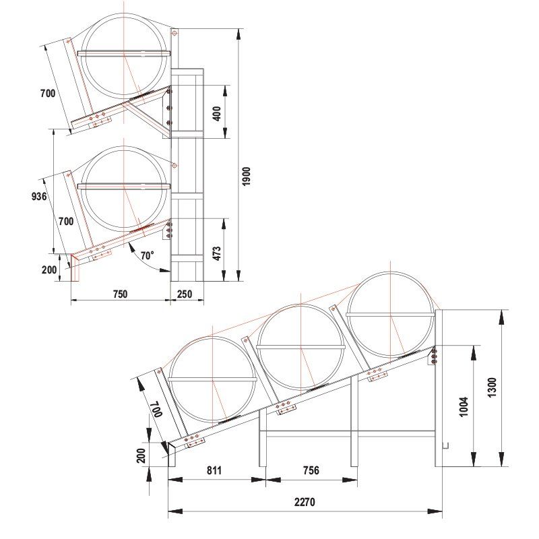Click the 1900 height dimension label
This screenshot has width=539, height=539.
(x=247, y=177)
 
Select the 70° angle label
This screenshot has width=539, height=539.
(x=147, y=256)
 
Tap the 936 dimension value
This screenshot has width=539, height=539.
(x=38, y=197)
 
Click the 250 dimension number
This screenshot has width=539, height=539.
(x=184, y=294)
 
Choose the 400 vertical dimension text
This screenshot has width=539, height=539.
(x=216, y=113)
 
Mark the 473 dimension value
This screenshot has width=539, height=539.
(x=216, y=254)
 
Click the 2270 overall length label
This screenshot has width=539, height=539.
(x=305, y=502)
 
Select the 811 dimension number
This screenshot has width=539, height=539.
(x=214, y=470)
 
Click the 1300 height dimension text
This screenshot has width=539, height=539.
(x=492, y=388)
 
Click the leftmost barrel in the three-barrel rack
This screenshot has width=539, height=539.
(x=212, y=379)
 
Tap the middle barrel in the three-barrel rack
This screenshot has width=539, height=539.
(x=300, y=346)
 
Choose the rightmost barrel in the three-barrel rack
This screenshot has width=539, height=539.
(x=392, y=314)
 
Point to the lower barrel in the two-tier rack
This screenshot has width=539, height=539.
(x=125, y=187)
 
